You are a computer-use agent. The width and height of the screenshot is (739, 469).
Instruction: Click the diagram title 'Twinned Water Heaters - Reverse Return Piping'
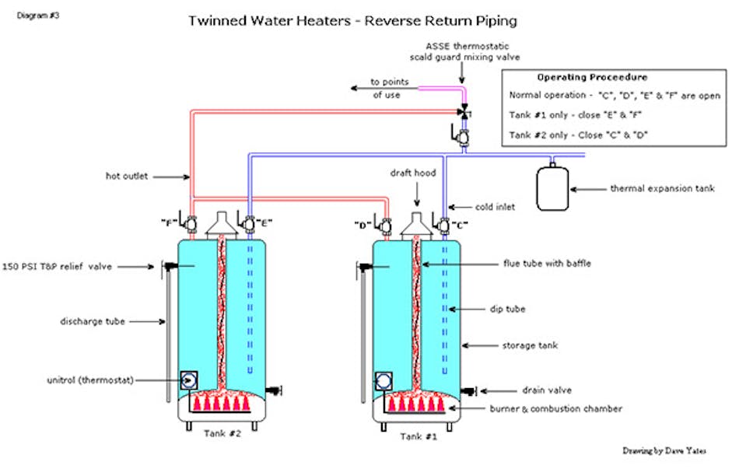[x=352, y=19]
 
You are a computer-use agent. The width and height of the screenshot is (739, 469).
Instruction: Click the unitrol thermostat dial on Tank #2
[x=189, y=380]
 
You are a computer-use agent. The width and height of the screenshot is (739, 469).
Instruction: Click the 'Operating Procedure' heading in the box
[x=592, y=78]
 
